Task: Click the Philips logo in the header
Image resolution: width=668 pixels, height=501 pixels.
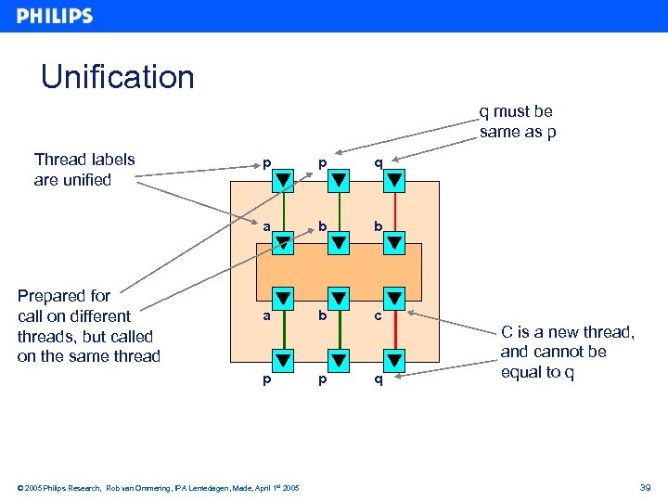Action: point(55,16)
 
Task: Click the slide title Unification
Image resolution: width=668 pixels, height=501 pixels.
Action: point(118,77)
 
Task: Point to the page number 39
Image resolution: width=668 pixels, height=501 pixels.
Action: point(645,487)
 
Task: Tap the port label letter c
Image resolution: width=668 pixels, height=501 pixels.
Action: point(378,315)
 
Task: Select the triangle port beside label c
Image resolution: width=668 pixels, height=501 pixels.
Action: point(394,299)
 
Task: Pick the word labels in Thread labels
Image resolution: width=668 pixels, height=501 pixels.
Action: point(109,160)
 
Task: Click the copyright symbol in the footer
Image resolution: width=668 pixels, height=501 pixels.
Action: point(20,488)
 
